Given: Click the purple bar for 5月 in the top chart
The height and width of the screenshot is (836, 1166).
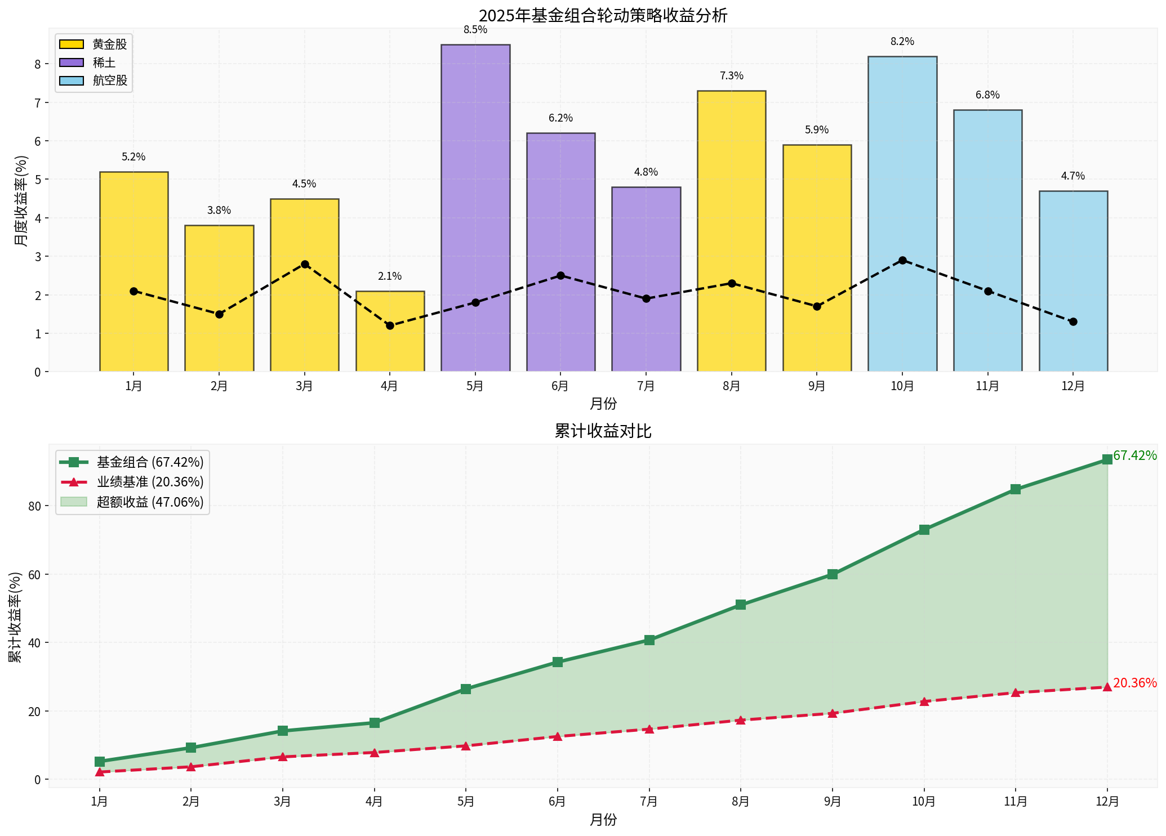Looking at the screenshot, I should click(x=475, y=208).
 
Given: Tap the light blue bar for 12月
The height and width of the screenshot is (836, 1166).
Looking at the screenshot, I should click(x=1072, y=281).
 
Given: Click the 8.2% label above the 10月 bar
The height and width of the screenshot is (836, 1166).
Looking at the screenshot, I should click(x=902, y=42).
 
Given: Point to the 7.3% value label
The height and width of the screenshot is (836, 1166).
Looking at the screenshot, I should click(x=731, y=76).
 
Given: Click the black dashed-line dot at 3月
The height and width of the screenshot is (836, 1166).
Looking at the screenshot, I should click(x=304, y=264).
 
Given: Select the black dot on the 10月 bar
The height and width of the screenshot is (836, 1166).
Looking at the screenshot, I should click(x=902, y=260).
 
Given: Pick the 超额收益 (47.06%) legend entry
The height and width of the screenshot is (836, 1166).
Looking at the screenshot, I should click(x=133, y=502).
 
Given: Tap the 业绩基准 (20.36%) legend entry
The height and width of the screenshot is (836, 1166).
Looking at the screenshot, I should click(x=133, y=482).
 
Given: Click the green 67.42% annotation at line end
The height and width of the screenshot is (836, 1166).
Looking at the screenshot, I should click(x=1134, y=456).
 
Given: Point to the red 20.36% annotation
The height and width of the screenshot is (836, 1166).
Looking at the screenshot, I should click(x=1134, y=683).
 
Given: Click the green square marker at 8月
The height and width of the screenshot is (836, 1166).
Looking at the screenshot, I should click(x=740, y=605).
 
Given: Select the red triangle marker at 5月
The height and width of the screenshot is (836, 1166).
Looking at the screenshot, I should click(x=465, y=745).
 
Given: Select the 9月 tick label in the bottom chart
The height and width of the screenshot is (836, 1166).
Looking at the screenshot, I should click(x=832, y=801).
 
